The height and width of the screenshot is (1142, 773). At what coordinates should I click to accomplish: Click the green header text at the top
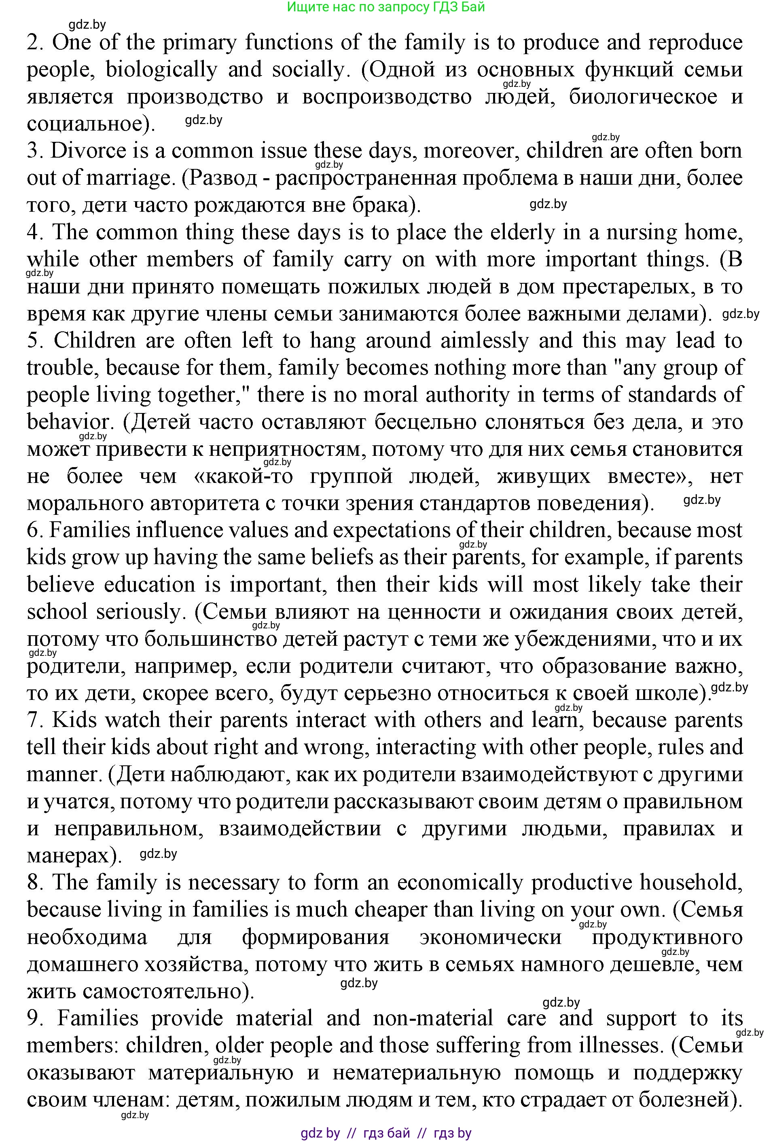pyautogui.click(x=385, y=7)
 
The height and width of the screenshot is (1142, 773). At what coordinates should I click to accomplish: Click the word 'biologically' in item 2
pyautogui.click(x=162, y=70)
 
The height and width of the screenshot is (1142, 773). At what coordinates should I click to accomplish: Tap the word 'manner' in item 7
pyautogui.click(x=62, y=774)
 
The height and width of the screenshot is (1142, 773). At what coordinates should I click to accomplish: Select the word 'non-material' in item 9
pyautogui.click(x=433, y=1018)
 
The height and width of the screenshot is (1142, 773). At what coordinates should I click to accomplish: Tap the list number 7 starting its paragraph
pyautogui.click(x=34, y=721)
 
